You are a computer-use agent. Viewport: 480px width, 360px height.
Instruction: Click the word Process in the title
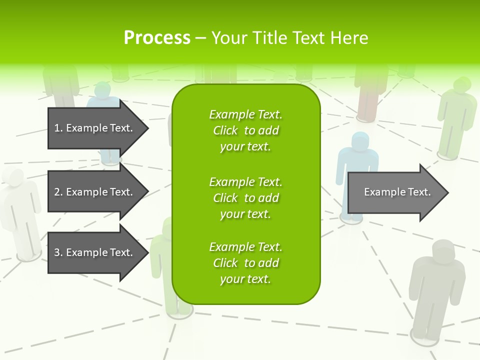pos(157,38)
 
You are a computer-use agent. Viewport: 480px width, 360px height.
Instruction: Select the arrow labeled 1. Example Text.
pos(95,128)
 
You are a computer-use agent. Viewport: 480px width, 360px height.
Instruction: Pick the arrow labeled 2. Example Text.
pos(95,192)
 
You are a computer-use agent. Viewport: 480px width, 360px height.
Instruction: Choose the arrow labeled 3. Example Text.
pos(95,252)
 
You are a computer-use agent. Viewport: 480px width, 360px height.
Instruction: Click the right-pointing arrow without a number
pos(395,192)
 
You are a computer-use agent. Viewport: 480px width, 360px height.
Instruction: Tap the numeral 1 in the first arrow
pos(57,128)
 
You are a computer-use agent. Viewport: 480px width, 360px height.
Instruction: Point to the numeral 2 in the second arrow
pos(57,192)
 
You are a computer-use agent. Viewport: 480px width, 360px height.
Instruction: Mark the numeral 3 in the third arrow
pos(57,252)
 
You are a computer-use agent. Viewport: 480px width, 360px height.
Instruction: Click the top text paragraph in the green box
pos(245,130)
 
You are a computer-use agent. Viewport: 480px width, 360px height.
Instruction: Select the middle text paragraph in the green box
pos(245,198)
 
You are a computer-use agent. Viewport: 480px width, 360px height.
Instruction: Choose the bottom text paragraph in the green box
pos(245,263)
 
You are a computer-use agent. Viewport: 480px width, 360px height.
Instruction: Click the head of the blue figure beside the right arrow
pos(359,141)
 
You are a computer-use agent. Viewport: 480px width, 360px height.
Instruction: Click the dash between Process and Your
pos(200,38)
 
